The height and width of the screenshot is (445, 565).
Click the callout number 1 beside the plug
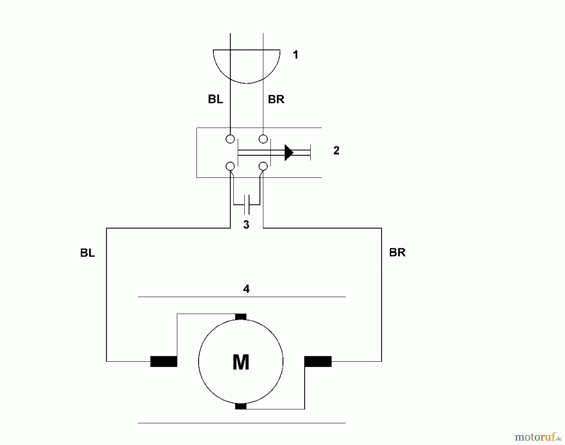[295, 55]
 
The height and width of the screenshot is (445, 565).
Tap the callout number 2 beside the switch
[336, 151]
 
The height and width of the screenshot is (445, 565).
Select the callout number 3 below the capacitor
[246, 225]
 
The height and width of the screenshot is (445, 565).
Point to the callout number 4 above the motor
[246, 289]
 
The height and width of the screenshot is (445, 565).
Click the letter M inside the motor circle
[241, 362]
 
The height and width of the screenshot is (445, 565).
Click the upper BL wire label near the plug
[215, 99]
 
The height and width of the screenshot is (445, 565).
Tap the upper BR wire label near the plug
[276, 99]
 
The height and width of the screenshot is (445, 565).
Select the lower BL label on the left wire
[87, 253]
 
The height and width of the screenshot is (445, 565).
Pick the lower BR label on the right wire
[397, 253]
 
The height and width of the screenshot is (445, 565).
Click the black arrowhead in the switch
[288, 153]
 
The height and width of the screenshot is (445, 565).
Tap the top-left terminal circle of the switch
[230, 139]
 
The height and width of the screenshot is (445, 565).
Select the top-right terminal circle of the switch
[263, 139]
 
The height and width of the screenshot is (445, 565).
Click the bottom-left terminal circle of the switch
[230, 166]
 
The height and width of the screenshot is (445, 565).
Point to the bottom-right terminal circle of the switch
[263, 166]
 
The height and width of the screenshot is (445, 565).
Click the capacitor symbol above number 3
[247, 204]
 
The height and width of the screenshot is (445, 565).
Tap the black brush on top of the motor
[241, 317]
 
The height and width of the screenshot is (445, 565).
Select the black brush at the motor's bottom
[241, 406]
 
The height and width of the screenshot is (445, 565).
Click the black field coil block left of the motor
[164, 361]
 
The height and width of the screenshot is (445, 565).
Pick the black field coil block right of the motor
[318, 361]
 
